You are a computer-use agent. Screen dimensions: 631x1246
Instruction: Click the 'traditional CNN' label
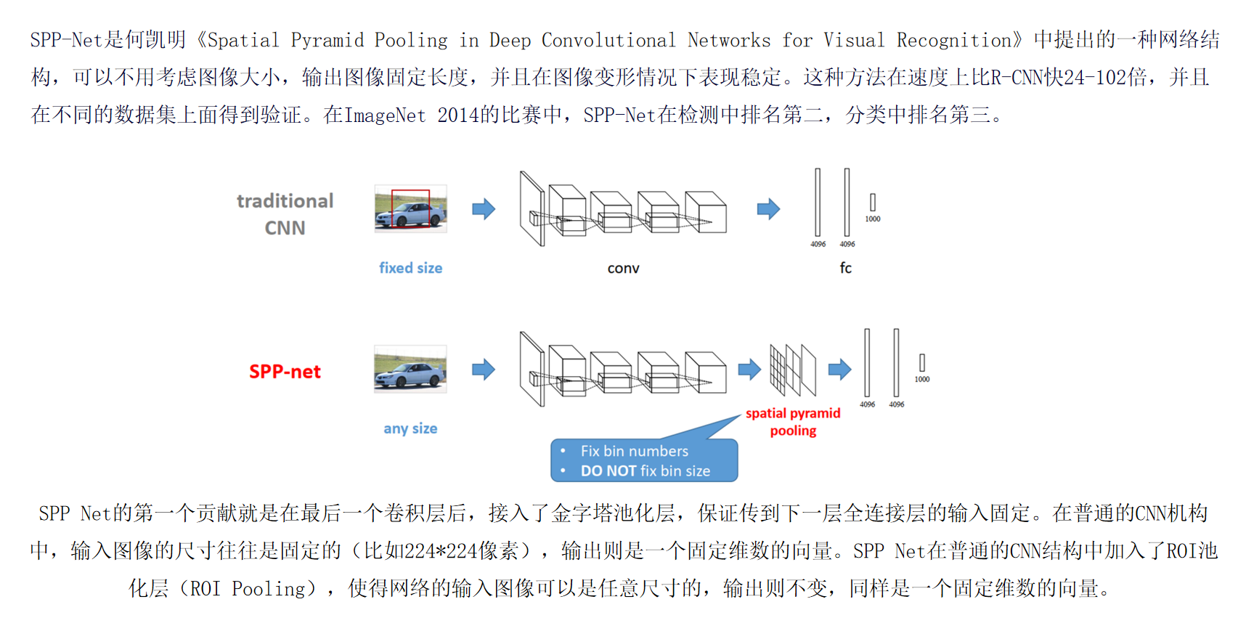285,214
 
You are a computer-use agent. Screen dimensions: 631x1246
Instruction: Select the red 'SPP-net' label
285,372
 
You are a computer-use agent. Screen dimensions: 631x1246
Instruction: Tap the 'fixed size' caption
410,268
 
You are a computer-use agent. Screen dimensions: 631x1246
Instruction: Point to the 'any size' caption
410,428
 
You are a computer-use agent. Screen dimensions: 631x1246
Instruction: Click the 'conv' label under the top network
623,269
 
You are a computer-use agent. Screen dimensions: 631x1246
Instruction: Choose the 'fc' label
845,268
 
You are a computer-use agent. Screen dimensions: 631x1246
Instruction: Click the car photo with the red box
410,209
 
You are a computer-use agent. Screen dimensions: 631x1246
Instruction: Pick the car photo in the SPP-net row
410,369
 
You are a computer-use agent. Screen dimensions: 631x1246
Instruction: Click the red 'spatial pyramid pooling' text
793,422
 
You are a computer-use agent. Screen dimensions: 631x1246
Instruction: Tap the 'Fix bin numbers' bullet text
634,451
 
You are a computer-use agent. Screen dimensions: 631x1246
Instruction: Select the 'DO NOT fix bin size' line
645,471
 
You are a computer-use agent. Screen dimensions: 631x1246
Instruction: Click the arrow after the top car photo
484,209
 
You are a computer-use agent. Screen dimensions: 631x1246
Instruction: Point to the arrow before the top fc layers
768,209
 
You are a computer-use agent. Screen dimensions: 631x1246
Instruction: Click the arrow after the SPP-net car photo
484,369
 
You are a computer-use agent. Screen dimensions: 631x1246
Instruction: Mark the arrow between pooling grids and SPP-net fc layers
839,369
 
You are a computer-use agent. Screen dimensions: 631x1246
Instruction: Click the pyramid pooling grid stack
792,369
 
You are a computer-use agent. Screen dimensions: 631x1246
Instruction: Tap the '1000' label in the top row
872,219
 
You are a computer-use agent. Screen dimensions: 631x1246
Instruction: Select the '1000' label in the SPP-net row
921,379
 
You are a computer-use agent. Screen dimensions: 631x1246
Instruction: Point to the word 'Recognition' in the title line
954,40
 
